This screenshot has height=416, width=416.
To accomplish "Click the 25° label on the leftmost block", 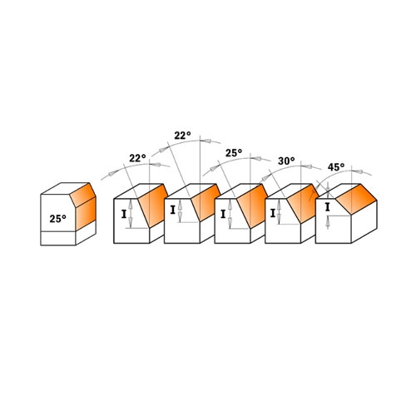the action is click(57, 219).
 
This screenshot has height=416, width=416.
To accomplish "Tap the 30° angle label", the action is click(286, 161).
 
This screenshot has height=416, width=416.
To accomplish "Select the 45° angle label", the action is click(336, 167).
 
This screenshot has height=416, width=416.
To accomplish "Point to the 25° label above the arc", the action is click(234, 153).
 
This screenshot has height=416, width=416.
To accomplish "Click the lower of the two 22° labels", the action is click(137, 158).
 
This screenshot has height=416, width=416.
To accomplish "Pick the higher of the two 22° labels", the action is click(182, 136).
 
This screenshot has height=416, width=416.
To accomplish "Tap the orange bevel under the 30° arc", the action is click(303, 203).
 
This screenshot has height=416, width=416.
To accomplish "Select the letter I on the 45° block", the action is click(328, 207).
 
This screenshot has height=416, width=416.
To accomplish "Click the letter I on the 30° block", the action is click(273, 213).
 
